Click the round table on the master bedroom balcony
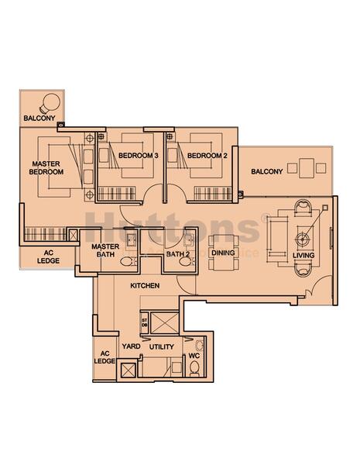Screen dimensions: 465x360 click(x=50, y=102)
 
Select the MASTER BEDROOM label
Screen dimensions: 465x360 click(x=46, y=167)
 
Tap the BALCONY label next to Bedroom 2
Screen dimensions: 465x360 click(x=266, y=171)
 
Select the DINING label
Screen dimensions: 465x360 click(x=223, y=253)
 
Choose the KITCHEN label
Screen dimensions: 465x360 click(x=145, y=286)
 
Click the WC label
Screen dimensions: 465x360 click(x=194, y=356)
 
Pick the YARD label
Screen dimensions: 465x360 click(x=130, y=348)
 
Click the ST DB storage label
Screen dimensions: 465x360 click(x=144, y=322)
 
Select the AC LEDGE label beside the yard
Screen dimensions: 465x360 click(x=105, y=355)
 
